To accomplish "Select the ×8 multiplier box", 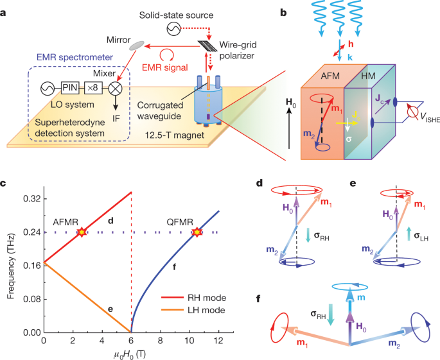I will point(96,86).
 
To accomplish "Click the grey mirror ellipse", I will point(138,45).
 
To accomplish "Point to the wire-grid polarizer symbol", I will point(207,46).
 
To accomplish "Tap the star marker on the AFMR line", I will point(82,232).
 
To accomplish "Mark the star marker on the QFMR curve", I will point(197,232).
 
